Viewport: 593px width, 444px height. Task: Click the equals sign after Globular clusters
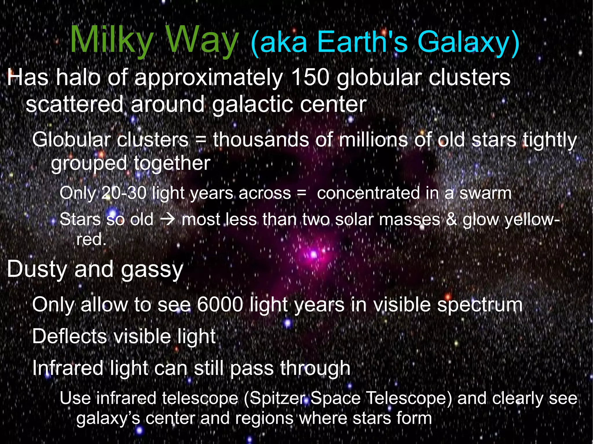pos(201,140)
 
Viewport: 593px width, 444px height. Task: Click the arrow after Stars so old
pos(168,220)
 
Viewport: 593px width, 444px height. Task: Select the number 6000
pos(220,305)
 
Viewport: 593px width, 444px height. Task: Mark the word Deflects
pos(69,336)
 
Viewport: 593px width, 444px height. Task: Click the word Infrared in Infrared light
pos(68,368)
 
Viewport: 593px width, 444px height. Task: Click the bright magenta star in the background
pos(314,255)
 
